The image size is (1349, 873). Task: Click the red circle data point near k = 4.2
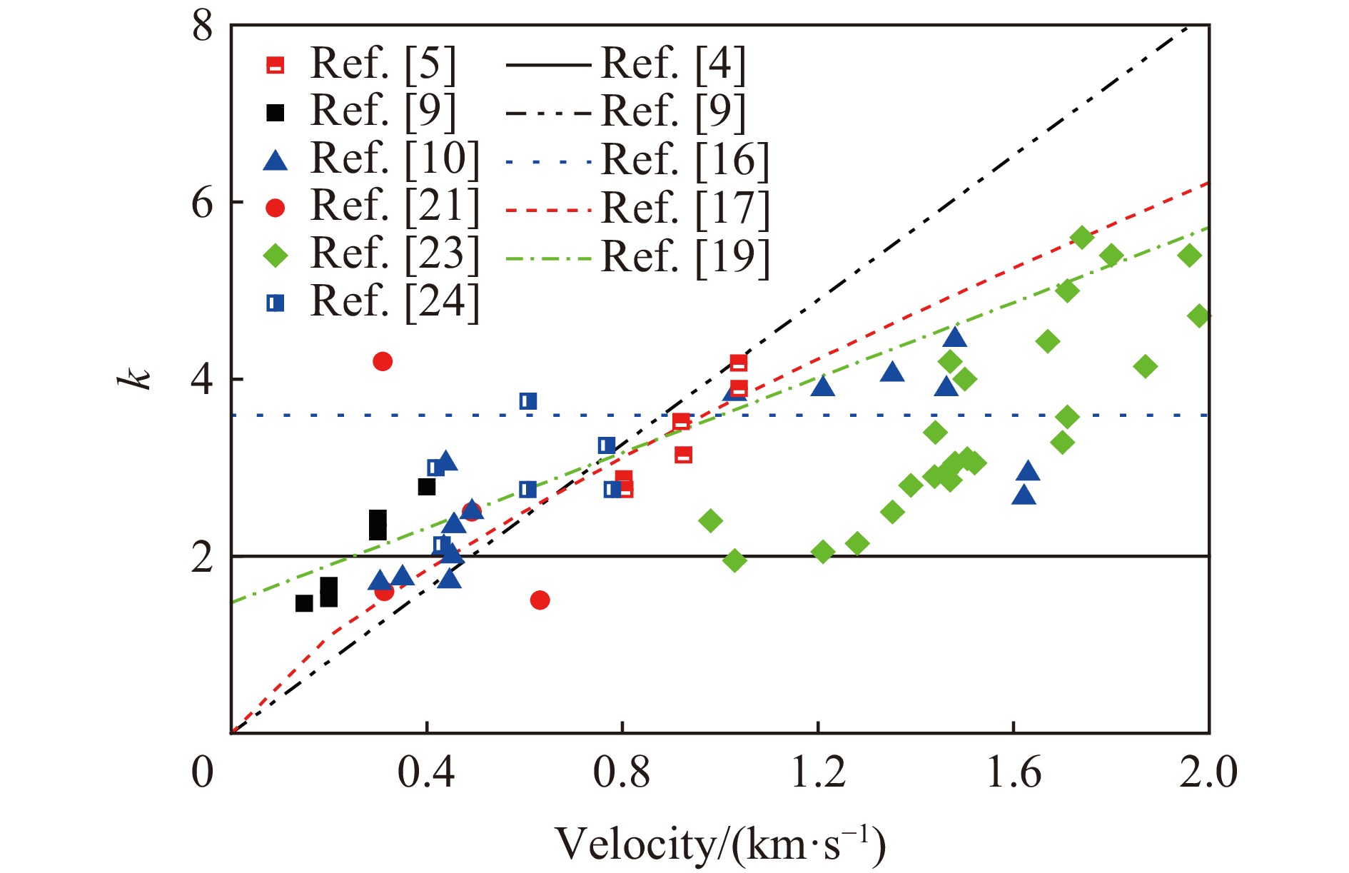(x=383, y=361)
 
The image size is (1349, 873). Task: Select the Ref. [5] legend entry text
(x=383, y=64)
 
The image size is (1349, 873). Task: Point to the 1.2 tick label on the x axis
(x=818, y=772)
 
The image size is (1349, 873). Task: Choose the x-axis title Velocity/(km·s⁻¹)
(x=720, y=844)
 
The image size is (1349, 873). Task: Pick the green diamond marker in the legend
(x=276, y=255)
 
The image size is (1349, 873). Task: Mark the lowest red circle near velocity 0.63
(x=540, y=600)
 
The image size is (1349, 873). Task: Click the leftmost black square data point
(x=304, y=603)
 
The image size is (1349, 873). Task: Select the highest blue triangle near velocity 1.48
(x=955, y=337)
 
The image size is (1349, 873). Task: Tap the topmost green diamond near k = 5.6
(x=1082, y=238)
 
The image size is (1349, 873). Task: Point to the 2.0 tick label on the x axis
(x=1208, y=772)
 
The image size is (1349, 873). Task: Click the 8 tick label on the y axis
(x=202, y=27)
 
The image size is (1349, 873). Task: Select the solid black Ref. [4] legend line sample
(x=549, y=65)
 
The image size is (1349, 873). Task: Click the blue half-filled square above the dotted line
(x=528, y=401)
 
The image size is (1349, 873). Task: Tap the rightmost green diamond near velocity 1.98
(x=1199, y=316)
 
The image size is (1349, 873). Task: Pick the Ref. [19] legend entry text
(x=685, y=256)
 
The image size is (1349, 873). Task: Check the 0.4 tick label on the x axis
(x=426, y=772)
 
